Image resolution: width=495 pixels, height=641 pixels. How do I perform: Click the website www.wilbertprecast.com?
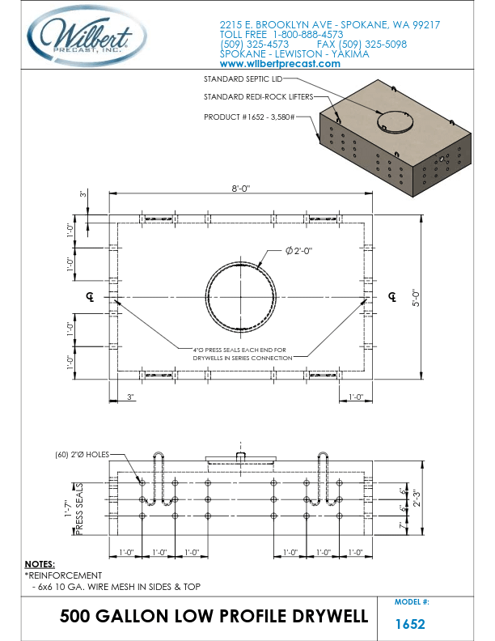coord(280,64)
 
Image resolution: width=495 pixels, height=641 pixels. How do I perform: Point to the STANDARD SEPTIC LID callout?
coord(243,79)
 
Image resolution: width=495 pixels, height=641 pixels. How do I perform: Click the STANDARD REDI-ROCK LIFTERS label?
coord(247,97)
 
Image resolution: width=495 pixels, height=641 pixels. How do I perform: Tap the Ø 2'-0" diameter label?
coord(298,251)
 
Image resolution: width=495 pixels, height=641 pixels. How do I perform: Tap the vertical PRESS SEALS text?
coord(80,510)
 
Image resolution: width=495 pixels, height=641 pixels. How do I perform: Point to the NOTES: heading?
coord(40,563)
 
